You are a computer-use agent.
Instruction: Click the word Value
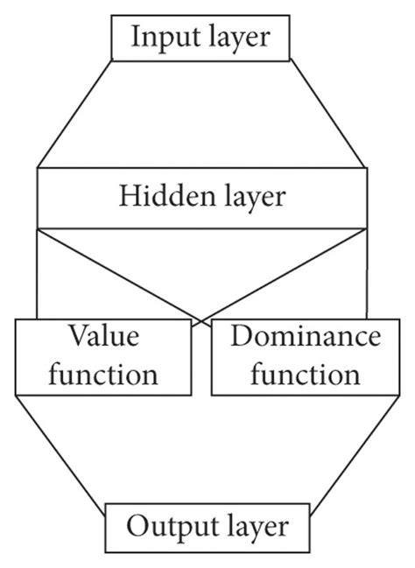[104, 337]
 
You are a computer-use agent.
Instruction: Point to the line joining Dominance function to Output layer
[346, 450]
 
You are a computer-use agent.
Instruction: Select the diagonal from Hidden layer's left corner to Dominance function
[114, 272]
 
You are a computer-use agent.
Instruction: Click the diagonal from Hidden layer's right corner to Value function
[289, 272]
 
